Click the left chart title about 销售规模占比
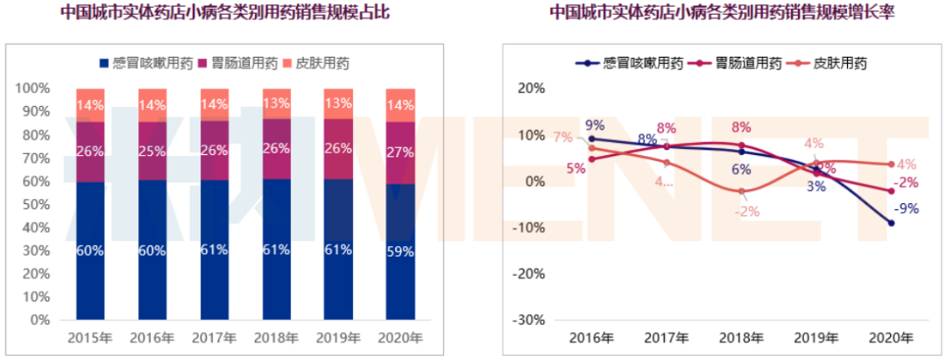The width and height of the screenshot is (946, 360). pos(225,13)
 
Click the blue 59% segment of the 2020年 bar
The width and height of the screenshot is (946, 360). pos(401,251)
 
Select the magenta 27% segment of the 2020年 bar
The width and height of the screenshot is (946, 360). pos(401,152)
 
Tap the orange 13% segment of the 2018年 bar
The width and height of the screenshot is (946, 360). pos(277,103)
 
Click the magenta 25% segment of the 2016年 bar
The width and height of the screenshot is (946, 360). pos(152,151)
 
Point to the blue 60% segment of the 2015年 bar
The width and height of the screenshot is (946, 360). pos(90,251)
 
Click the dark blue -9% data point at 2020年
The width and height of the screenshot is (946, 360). pos(891,223)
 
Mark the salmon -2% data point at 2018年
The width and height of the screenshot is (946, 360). pos(741,191)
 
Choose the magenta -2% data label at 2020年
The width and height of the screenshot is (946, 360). pos(907,182)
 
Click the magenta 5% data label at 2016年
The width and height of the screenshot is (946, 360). pos(576,168)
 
